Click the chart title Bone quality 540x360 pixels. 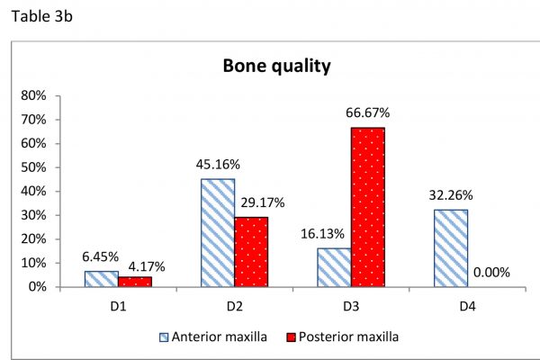point(277,66)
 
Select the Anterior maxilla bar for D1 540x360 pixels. point(102,279)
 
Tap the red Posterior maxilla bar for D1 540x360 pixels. point(135,282)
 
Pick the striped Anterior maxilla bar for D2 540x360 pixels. point(218,233)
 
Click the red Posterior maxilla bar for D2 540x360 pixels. point(251,252)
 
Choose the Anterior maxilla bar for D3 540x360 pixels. point(334,267)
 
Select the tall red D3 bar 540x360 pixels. point(368,207)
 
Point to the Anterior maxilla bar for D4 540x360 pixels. point(451,248)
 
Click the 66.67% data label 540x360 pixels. point(368,113)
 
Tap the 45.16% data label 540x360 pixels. point(218,165)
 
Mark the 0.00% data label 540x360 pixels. point(491,273)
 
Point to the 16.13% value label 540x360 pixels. point(322,234)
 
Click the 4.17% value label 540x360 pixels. point(147,266)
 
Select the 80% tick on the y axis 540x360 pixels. point(33,95)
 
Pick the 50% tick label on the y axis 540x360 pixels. point(33,167)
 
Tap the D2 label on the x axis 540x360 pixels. point(235,306)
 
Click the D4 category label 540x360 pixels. point(467,306)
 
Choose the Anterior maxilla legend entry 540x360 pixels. point(213,337)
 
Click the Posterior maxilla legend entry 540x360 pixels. point(343,337)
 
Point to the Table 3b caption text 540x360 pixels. point(42,16)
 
